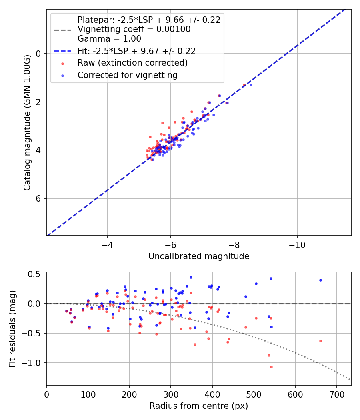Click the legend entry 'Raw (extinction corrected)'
[132, 63]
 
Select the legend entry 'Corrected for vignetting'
[128, 75]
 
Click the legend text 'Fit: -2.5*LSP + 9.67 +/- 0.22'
[136, 51]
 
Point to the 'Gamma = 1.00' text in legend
[109, 39]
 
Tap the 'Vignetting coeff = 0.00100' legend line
[134, 29]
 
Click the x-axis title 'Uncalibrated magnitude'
[199, 256]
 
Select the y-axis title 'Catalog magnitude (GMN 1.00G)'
[27, 122]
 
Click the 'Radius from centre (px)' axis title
[199, 406]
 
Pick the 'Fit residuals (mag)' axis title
[12, 328]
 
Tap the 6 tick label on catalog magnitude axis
[39, 198]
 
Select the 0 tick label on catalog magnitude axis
[39, 54]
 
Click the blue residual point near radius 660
[320, 280]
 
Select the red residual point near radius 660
[320, 341]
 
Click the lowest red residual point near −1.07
[271, 367]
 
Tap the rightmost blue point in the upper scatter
[251, 85]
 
